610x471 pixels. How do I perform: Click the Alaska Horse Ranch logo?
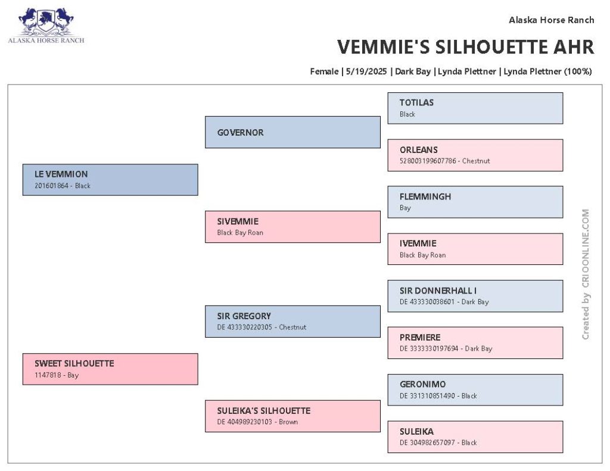coord(46,25)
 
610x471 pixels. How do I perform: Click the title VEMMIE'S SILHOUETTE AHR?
coord(466,47)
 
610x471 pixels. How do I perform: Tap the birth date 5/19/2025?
coord(366,71)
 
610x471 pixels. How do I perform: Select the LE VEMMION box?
coord(110,180)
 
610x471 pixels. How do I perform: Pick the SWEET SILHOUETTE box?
coord(110,369)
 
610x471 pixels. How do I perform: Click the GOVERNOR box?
coord(292,132)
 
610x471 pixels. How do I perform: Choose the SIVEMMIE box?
coord(292,227)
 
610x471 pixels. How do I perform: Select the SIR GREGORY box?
coord(292,322)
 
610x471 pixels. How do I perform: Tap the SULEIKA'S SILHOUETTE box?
coord(292,416)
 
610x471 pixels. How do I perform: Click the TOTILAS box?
coord(475,108)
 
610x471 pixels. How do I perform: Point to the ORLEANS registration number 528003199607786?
coord(428,161)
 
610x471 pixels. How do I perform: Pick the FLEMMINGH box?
coord(475,202)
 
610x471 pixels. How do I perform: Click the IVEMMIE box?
coord(475,249)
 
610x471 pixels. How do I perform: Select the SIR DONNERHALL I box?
coord(475,296)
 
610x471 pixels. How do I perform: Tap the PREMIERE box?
coord(475,342)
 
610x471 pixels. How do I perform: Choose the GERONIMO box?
coord(475,389)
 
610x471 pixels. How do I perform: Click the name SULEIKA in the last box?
coord(416,431)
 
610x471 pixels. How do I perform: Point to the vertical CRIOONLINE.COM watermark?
coord(586,274)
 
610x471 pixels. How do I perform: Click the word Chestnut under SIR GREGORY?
coord(292,327)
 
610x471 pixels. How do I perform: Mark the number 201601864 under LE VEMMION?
coord(51,186)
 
